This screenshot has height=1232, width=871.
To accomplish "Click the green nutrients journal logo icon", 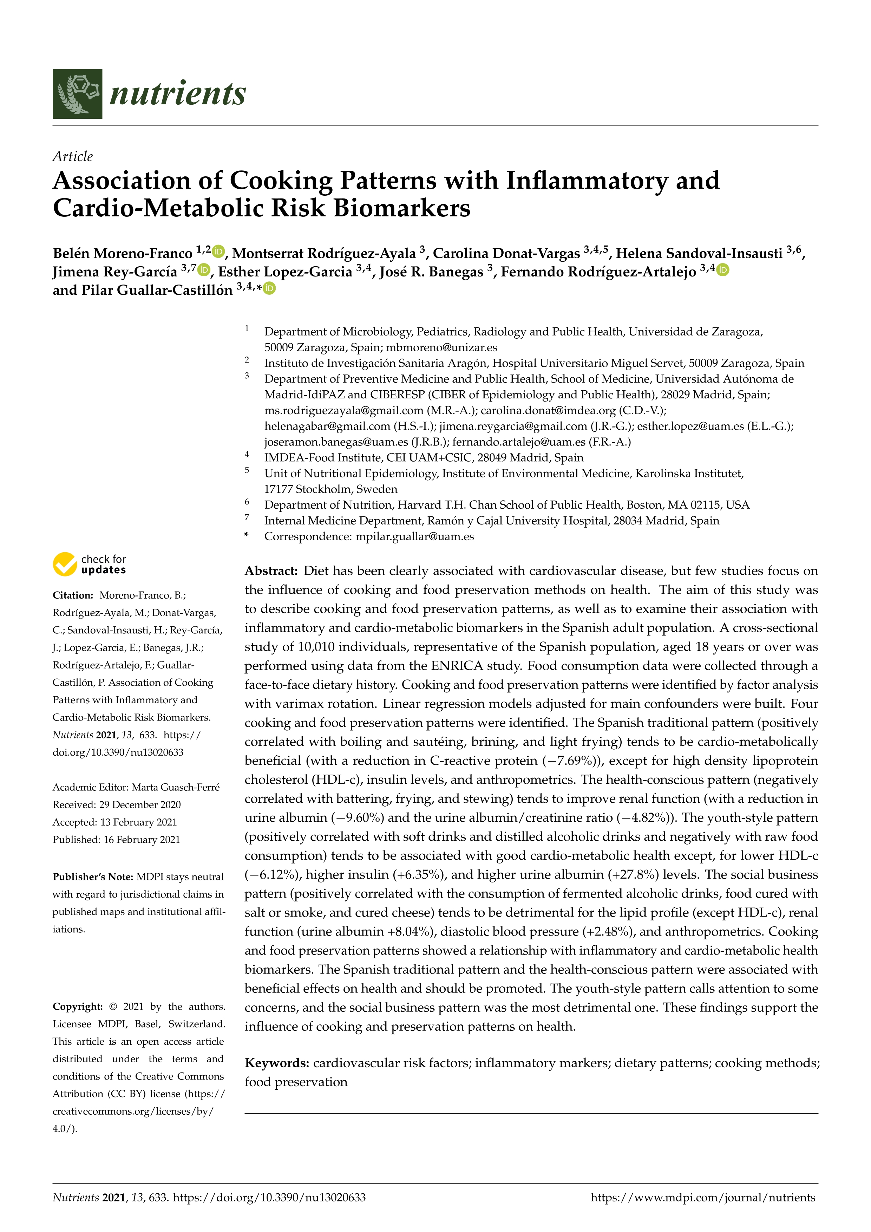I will tap(77, 93).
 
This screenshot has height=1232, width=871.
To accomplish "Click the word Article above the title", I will tap(72, 157).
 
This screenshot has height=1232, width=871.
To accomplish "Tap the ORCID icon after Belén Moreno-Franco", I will tap(218, 251).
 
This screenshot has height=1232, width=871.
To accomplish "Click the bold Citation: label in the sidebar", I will tap(73, 595).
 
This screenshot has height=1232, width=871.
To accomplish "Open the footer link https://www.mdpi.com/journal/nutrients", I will tap(702, 1197).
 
